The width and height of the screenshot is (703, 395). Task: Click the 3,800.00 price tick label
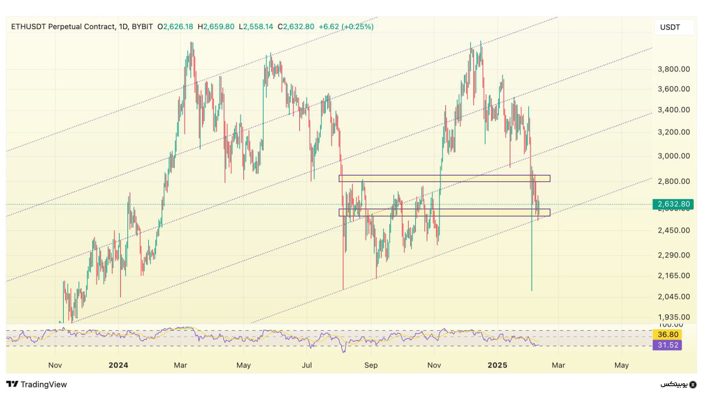coord(673,69)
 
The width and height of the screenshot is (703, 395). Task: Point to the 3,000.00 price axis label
coord(673,156)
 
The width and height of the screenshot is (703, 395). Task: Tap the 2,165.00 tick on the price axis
coord(673,275)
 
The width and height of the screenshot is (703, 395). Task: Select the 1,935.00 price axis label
coord(673,317)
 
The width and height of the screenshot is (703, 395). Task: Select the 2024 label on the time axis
coord(118,365)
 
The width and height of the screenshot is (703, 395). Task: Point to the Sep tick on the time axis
coord(371,365)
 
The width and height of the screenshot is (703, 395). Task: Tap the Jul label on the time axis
coord(308,365)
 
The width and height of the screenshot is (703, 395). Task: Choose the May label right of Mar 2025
coord(621,365)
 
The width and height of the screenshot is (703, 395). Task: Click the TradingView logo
coord(36,384)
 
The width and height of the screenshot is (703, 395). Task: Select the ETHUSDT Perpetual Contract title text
coord(62,26)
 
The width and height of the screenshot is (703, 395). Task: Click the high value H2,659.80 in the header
coord(216,26)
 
